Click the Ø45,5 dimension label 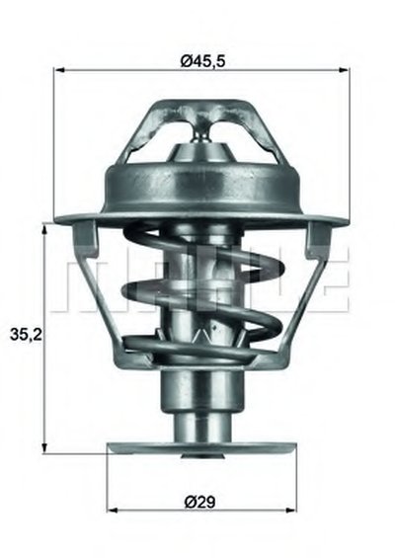click(203, 60)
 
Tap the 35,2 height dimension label click(26, 335)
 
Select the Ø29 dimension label click(200, 502)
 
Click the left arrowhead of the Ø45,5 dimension click(58, 70)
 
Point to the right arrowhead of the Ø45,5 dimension click(344, 70)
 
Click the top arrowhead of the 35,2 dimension click(44, 228)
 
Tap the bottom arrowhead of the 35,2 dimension click(44, 448)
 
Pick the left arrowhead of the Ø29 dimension click(113, 511)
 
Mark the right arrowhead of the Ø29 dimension click(291, 511)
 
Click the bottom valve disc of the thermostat click(201, 448)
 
